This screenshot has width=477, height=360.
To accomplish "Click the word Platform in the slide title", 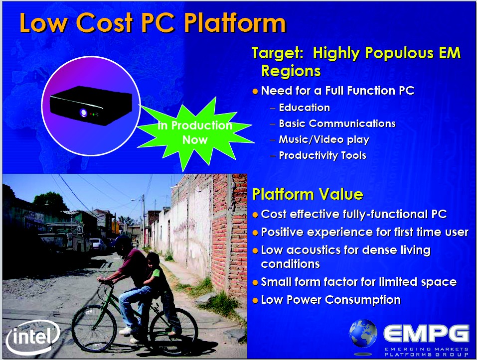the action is [235, 23].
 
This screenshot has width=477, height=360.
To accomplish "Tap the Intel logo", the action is [33, 337].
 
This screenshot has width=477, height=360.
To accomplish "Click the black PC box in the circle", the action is [91, 105].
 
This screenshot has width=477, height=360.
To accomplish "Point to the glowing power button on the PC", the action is [83, 113].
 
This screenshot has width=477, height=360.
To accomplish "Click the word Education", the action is [304, 107].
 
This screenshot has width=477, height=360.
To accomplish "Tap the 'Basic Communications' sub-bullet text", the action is [337, 123].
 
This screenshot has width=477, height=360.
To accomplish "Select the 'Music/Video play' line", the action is [324, 139].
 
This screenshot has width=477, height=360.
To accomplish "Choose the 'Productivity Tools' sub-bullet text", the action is [322, 155].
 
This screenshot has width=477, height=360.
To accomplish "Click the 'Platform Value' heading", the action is [308, 194].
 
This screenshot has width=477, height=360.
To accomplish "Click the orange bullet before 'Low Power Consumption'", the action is [255, 300].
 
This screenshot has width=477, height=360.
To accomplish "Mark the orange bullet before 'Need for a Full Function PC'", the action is [255, 91].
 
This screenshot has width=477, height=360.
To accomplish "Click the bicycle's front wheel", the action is [94, 329].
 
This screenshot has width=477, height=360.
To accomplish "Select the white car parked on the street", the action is [98, 244].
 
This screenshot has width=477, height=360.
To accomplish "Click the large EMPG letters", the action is [426, 334].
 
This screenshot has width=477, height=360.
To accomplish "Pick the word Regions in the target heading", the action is [291, 71].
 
